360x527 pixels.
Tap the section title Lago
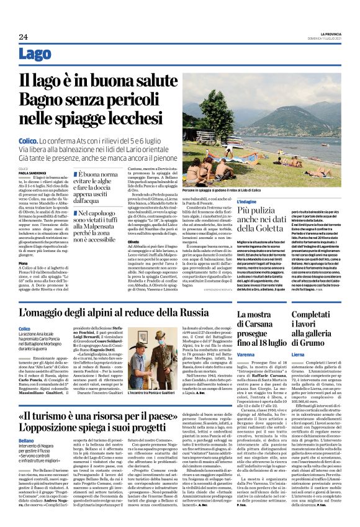(35, 54)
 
